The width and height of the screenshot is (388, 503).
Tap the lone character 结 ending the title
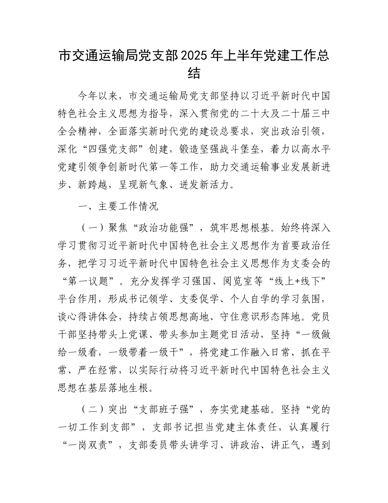(x=194, y=74)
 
